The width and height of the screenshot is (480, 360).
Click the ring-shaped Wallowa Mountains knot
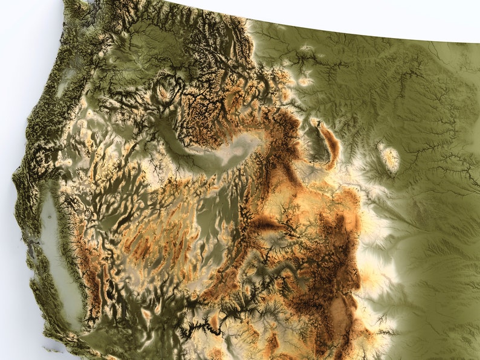164,91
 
